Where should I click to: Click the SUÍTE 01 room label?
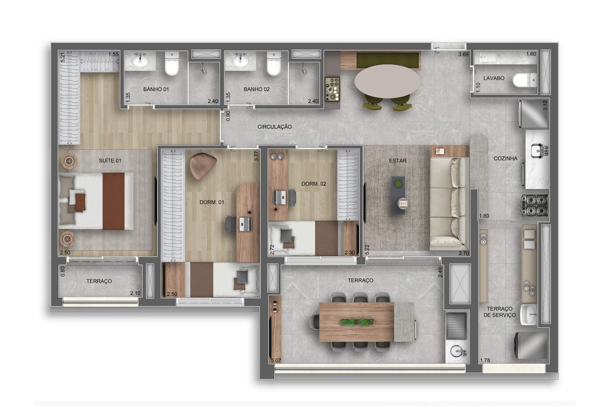[110, 160]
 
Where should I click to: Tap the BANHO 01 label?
[156, 89]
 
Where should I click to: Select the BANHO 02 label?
[257, 89]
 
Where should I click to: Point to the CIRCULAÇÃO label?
[274, 127]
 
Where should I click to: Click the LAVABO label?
[494, 78]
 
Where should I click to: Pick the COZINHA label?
[506, 158]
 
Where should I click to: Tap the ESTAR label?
[397, 160]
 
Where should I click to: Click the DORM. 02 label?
[314, 184]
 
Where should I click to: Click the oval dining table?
[387, 81]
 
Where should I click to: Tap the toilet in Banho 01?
[172, 64]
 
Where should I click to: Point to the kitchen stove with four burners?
[535, 204]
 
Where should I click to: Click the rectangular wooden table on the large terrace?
[357, 322]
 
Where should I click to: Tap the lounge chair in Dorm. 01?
[203, 165]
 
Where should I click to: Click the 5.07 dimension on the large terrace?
[275, 360]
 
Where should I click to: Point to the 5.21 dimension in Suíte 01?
[63, 56]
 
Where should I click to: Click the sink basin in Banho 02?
[241, 60]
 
